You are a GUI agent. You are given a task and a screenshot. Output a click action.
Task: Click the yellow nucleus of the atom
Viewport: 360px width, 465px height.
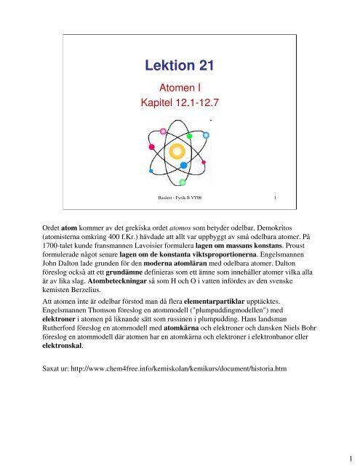pyautogui.click(x=177, y=152)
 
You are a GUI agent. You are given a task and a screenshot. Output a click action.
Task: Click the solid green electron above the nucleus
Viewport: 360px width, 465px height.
pyautogui.click(x=188, y=136)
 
